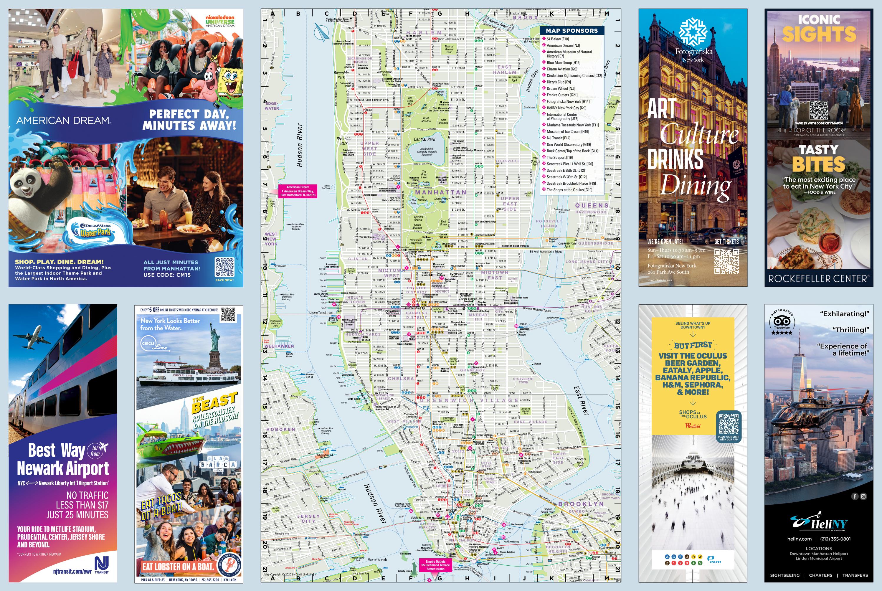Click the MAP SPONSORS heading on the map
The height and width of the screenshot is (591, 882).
point(572,31)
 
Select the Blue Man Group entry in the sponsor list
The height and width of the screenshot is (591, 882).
point(563,62)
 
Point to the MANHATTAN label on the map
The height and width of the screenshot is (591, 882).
point(440,192)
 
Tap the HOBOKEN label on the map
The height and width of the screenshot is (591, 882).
point(281,429)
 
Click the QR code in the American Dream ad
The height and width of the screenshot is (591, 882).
point(224,267)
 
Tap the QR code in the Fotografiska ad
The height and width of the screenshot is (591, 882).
point(726,261)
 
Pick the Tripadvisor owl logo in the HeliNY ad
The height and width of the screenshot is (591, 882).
point(782,321)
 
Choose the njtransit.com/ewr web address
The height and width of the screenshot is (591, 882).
point(72,571)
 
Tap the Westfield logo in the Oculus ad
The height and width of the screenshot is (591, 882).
point(693,426)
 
